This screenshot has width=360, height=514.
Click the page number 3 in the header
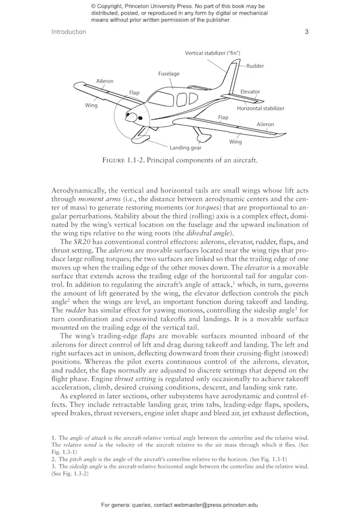coord(307,32)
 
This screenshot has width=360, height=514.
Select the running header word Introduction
coord(69,32)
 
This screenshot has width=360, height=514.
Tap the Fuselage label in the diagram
coord(169,74)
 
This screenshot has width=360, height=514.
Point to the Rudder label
coord(255,65)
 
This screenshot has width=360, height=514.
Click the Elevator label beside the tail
coord(250,92)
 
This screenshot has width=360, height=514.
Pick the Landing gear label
coord(185,147)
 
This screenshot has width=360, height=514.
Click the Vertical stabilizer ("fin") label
coord(213,53)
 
